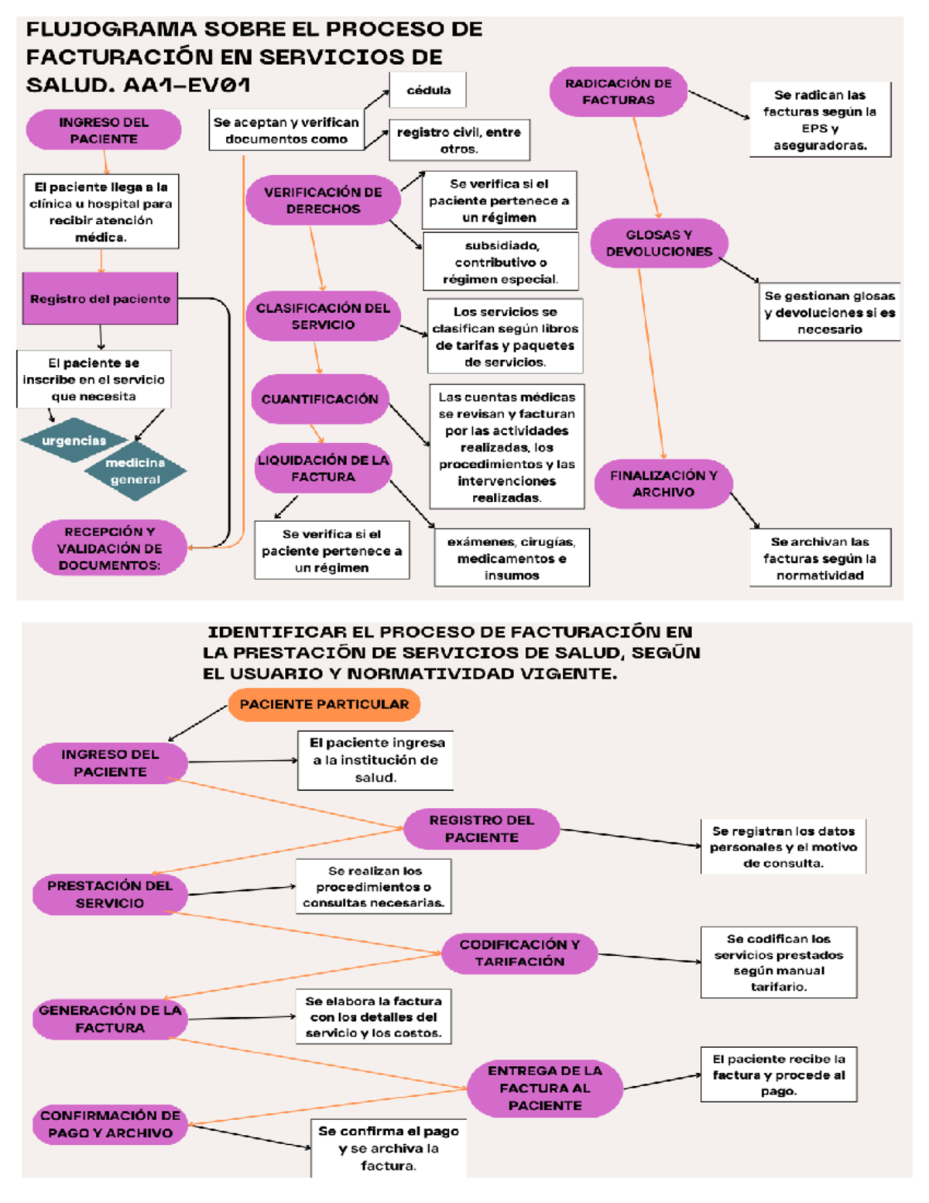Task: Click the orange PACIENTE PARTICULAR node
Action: pyautogui.click(x=324, y=705)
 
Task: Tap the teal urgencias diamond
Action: pyautogui.click(x=74, y=441)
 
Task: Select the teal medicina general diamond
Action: pyautogui.click(x=135, y=471)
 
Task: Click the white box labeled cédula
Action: pyautogui.click(x=428, y=90)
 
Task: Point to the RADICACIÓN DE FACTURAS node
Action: pyautogui.click(x=618, y=91)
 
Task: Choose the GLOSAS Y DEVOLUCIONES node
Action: pyautogui.click(x=659, y=243)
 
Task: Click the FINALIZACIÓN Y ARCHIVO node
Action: pyautogui.click(x=663, y=484)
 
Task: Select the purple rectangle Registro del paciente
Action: pyautogui.click(x=100, y=299)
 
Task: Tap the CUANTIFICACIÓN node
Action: pyautogui.click(x=320, y=399)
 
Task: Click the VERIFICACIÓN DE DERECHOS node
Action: pyautogui.click(x=323, y=201)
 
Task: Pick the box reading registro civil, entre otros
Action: pyautogui.click(x=459, y=140)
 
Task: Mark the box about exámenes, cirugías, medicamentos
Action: pyautogui.click(x=512, y=558)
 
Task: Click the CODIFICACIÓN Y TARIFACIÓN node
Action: pyautogui.click(x=519, y=953)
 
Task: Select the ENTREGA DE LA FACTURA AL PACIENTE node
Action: pyautogui.click(x=545, y=1088)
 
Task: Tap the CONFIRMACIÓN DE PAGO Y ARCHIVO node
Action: pyautogui.click(x=110, y=1124)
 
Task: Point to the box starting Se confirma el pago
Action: pyautogui.click(x=389, y=1148)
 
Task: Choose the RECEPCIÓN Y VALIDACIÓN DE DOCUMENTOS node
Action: pyautogui.click(x=109, y=548)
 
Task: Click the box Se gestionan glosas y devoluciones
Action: pyautogui.click(x=829, y=312)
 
